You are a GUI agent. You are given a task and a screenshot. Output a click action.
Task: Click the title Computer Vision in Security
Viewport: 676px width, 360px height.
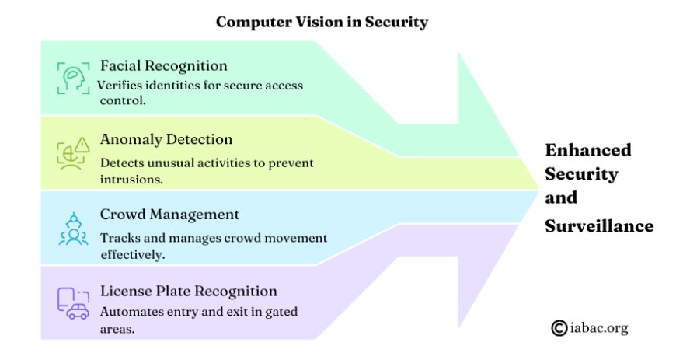322,22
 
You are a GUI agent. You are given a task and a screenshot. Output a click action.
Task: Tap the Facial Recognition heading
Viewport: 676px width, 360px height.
164,65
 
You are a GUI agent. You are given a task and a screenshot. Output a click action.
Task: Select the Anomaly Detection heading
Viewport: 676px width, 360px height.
166,139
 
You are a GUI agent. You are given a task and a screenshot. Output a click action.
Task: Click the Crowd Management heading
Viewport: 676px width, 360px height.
169,215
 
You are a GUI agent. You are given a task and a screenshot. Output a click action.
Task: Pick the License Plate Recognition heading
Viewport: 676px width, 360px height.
189,292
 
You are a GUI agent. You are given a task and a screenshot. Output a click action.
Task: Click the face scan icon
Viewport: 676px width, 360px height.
73,78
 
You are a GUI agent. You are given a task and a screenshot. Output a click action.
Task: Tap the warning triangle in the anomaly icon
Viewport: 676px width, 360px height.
82,145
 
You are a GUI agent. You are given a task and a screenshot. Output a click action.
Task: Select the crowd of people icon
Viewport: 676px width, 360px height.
73,229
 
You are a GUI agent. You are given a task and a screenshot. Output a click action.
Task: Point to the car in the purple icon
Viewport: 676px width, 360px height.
78,311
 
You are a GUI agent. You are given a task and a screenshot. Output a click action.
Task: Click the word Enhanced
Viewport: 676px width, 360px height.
588,150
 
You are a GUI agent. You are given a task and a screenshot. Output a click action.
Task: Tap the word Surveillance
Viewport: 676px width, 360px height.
599,225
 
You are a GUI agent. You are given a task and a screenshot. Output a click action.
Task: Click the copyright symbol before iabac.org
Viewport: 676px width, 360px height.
559,328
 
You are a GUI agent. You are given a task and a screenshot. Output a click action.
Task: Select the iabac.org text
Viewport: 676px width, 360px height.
599,328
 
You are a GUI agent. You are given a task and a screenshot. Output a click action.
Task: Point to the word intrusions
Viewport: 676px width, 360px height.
131,179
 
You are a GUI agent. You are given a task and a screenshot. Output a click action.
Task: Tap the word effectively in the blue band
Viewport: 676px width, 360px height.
133,254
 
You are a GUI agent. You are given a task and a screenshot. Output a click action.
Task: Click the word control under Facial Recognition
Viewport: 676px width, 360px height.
123,100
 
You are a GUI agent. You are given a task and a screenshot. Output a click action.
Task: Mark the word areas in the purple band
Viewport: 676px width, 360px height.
117,330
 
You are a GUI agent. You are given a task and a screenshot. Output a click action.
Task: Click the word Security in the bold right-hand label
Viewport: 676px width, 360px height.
581,174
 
